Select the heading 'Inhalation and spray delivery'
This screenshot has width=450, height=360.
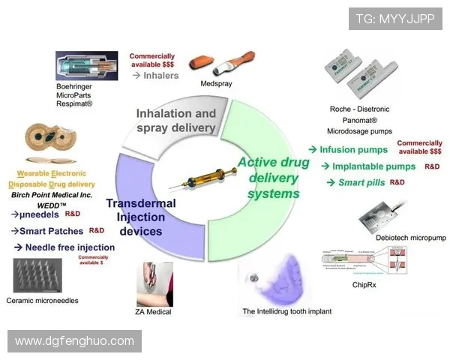click(176, 121)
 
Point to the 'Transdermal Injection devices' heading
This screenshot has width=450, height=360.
click(141, 217)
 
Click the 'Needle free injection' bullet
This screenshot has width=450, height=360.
click(70, 247)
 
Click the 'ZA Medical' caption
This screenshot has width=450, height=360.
click(154, 311)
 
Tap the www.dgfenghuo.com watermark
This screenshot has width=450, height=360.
click(74, 341)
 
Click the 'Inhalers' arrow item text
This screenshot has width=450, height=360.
click(161, 75)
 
